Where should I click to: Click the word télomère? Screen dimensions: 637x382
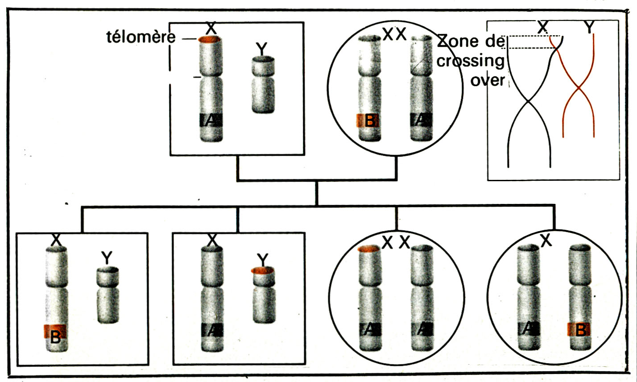click(141, 37)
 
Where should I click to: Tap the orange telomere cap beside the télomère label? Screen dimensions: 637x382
click(210, 39)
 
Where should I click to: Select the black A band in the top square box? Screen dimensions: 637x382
click(211, 120)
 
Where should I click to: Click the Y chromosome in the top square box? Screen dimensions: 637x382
click(263, 85)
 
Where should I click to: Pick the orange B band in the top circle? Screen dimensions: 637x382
click(368, 120)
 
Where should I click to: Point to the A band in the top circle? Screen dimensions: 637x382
click(422, 120)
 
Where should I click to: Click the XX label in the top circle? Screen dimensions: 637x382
click(394, 34)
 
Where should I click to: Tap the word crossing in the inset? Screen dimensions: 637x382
click(471, 61)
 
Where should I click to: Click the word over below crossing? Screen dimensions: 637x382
click(487, 80)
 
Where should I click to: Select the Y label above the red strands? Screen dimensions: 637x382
click(589, 27)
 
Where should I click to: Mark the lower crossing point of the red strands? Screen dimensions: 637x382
click(579, 88)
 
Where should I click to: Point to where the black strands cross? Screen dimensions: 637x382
click(528, 101)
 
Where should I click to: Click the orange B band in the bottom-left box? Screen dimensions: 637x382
click(55, 332)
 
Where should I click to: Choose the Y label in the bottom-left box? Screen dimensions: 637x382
click(107, 257)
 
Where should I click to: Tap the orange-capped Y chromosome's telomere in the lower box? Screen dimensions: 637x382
click(262, 270)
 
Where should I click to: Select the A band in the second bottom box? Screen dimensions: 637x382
click(212, 330)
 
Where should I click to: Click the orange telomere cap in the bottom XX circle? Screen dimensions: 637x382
click(368, 249)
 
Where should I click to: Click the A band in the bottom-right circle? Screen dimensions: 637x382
click(528, 330)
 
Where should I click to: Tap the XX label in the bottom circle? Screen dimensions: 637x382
click(396, 243)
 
